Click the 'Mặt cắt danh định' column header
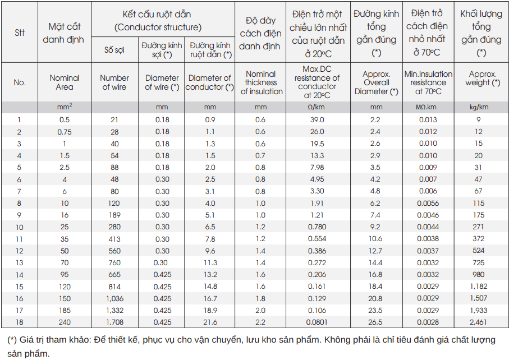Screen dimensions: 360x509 [64, 33]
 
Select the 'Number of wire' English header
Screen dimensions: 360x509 [114, 82]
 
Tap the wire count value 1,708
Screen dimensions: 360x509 [114, 322]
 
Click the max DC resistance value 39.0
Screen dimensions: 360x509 [317, 119]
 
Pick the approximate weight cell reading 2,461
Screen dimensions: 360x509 [478, 322]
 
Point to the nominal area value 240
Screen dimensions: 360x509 [65, 322]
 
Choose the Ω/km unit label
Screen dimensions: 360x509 [317, 107]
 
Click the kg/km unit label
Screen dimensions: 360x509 [478, 107]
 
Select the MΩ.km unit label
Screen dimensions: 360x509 [428, 107]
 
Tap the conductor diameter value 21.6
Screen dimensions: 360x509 [210, 322]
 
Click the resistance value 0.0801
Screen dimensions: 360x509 [317, 322]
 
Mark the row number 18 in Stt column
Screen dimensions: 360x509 [20, 322]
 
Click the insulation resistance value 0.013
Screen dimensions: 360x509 [428, 119]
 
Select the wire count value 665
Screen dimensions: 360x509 [114, 275]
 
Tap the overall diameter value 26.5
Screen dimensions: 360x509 [376, 322]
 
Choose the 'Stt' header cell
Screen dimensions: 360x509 [20, 33]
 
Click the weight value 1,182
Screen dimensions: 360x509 [478, 287]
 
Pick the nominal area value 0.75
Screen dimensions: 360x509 [65, 131]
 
